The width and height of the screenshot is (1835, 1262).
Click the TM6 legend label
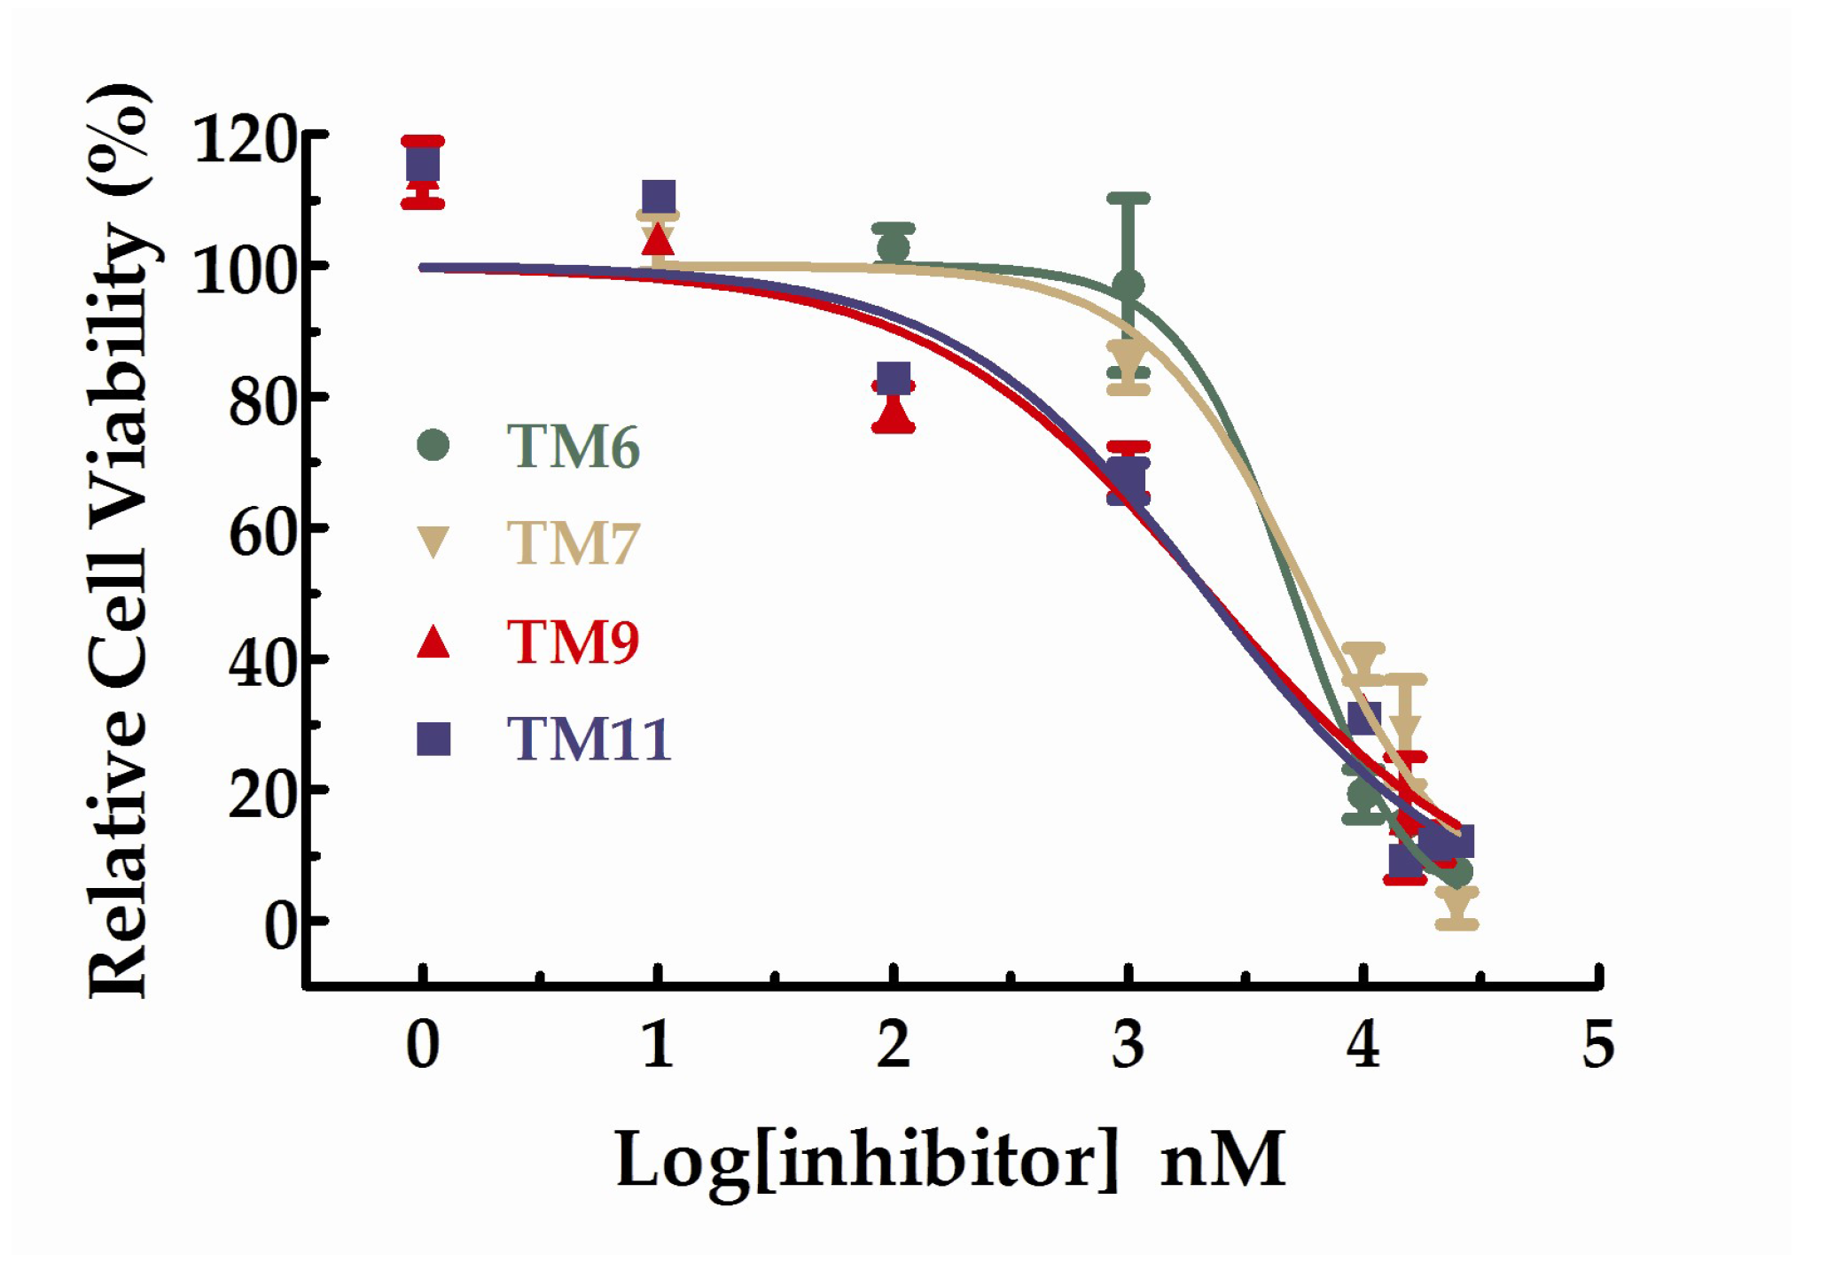click(573, 446)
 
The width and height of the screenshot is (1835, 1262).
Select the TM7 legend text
click(573, 542)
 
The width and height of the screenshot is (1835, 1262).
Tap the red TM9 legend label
click(573, 642)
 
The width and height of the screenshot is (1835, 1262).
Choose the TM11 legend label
click(588, 738)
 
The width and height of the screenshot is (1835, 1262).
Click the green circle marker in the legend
click(433, 445)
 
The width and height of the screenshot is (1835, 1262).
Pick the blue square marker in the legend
click(433, 738)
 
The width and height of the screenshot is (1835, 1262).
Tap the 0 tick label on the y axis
click(282, 927)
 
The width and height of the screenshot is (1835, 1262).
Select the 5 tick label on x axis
click(1598, 1045)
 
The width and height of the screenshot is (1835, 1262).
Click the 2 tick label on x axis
click(893, 1045)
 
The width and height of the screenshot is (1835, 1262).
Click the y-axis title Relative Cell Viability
click(120, 541)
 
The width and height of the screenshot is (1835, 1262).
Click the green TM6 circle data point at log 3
click(1128, 285)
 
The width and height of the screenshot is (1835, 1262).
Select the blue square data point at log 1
click(658, 197)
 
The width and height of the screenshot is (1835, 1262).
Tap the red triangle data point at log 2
click(893, 413)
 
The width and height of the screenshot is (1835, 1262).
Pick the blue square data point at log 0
click(423, 164)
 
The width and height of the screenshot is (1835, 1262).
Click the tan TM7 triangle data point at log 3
click(1128, 359)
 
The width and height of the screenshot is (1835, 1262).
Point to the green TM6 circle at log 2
click(893, 247)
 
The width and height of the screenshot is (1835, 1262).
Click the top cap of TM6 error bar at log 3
click(1128, 199)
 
